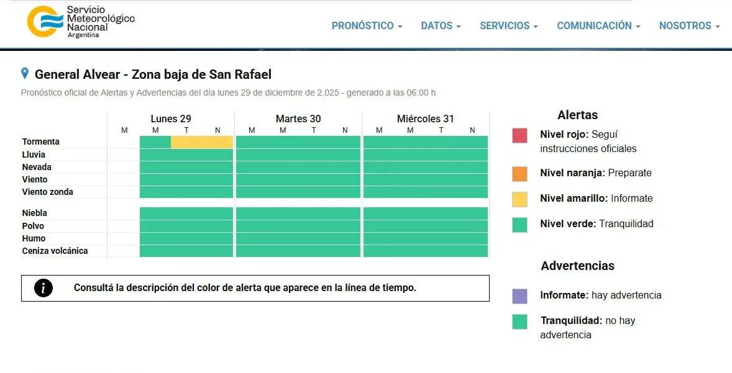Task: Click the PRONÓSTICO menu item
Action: tap(367, 26)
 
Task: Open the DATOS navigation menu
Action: tap(441, 26)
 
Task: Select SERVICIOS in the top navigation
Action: tap(508, 26)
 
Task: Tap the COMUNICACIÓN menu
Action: tap(598, 26)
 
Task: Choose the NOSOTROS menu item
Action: tap(689, 26)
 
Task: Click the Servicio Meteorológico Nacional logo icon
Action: tap(45, 21)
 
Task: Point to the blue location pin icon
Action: tap(25, 73)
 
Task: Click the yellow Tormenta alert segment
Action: tap(202, 142)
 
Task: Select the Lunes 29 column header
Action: tap(171, 119)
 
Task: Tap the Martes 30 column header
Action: tap(298, 119)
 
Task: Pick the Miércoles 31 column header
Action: tap(426, 119)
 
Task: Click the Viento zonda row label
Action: tap(48, 192)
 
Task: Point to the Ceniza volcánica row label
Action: tap(55, 251)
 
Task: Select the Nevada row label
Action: tap(37, 167)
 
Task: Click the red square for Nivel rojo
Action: tap(519, 135)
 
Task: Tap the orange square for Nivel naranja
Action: tap(519, 174)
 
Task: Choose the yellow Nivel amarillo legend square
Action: tap(519, 199)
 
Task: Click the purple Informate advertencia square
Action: tap(519, 296)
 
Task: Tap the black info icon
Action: tap(43, 288)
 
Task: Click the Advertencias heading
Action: tap(577, 266)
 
